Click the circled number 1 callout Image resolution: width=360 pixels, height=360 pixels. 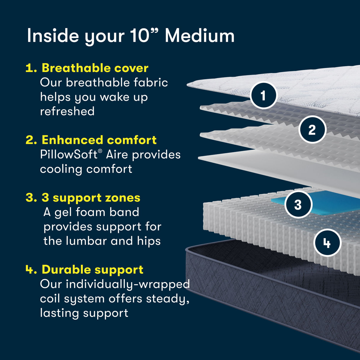[263, 95]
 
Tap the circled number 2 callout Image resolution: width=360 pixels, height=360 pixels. [312, 130]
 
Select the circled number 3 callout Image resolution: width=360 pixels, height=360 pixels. [298, 205]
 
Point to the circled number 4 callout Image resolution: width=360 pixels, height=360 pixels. [327, 243]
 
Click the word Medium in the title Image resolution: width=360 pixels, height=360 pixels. [200, 36]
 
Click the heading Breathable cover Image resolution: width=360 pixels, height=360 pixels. [95, 68]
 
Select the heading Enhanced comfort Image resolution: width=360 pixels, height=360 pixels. [99, 140]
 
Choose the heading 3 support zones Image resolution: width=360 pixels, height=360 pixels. [91, 197]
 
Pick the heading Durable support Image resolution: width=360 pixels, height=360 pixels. [93, 270]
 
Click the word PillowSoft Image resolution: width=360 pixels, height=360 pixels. [69, 154]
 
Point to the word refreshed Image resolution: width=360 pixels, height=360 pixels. [67, 111]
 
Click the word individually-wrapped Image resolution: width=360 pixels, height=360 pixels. [128, 284]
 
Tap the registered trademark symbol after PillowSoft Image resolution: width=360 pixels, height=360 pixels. [100, 151]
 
